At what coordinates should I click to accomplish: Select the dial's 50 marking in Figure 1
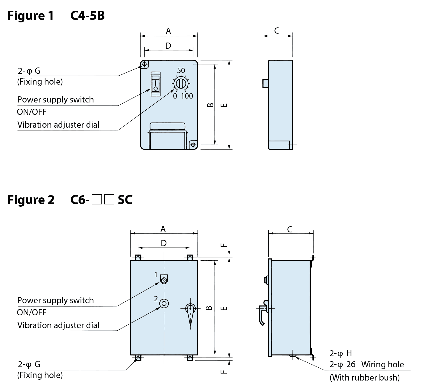tap(181, 71)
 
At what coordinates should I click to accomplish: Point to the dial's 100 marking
tap(187, 96)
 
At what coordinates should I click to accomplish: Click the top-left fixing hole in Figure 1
tap(144, 64)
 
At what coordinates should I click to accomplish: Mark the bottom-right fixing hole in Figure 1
tap(193, 144)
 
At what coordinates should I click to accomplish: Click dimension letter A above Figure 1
tap(168, 31)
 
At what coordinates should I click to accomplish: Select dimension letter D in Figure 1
tap(168, 46)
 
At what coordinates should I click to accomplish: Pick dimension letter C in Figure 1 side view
tap(277, 31)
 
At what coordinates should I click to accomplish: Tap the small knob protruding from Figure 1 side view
tap(265, 83)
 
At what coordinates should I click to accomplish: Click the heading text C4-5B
tap(87, 15)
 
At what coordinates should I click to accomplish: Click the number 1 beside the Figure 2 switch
tap(156, 275)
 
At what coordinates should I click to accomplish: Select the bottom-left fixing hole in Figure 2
tap(138, 358)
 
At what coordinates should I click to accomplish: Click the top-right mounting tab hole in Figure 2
tap(190, 257)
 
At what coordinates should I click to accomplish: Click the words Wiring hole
tap(383, 364)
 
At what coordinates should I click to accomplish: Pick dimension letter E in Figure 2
tap(224, 308)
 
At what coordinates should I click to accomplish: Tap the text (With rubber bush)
tap(364, 377)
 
